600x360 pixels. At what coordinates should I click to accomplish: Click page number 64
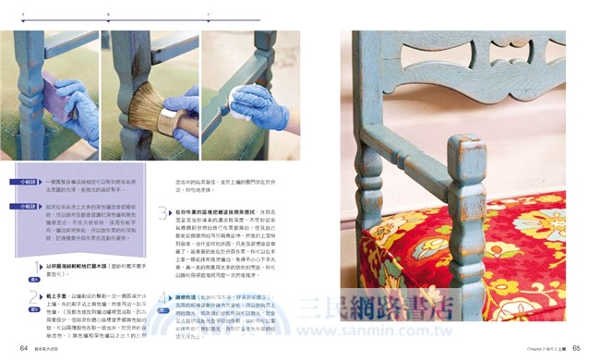pyautogui.click(x=11, y=348)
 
